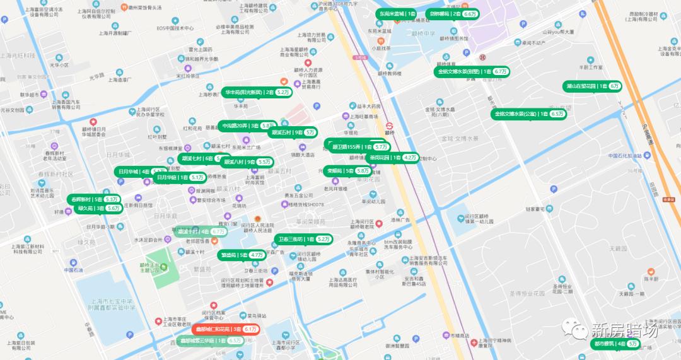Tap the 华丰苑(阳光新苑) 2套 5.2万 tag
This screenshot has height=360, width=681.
[257, 92]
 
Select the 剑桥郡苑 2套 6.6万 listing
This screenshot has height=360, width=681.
[451, 13]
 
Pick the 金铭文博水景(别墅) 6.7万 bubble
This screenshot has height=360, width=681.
[472, 72]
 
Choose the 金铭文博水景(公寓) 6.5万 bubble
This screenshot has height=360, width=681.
[529, 114]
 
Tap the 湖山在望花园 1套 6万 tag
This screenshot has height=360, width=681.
[592, 86]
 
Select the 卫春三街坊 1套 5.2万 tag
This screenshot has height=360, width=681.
[304, 240]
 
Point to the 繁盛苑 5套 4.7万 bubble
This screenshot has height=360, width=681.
[242, 255]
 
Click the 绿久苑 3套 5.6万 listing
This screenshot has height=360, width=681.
[98, 208]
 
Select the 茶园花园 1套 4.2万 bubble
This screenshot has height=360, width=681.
[393, 158]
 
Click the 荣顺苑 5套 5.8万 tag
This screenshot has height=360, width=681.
[347, 171]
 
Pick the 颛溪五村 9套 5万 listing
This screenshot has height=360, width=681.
[293, 133]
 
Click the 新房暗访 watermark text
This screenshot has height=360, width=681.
[624, 330]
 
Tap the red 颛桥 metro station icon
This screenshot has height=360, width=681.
[390, 124]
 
